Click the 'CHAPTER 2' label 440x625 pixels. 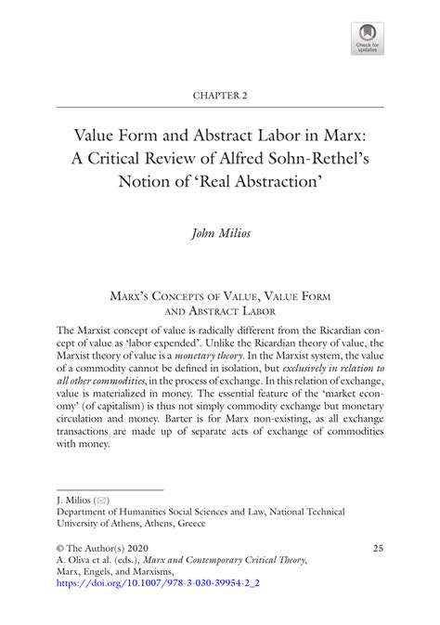pos(219,96)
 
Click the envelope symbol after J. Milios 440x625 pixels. pos(101,499)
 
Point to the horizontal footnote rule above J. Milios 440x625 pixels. pos(110,488)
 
